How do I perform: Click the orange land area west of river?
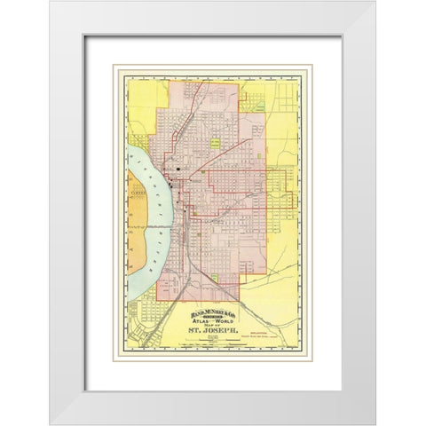tap(135, 222)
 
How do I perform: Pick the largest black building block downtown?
tap(178, 168)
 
